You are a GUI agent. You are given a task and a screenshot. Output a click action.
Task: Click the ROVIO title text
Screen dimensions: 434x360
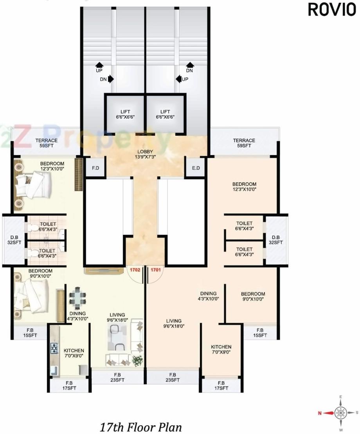[x=332, y=9]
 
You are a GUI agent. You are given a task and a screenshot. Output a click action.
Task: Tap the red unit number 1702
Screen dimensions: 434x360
[x=135, y=270]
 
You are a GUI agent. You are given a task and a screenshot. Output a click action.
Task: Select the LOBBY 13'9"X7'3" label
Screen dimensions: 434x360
[x=145, y=154]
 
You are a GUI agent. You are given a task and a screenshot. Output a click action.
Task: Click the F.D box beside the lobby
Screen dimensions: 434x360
[x=95, y=168]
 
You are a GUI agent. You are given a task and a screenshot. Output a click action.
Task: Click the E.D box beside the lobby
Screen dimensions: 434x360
[x=196, y=168]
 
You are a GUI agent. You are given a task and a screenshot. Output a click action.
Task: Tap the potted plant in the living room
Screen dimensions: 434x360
[x=137, y=361]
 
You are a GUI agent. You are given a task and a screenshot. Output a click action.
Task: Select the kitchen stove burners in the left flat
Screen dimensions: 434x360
[x=54, y=348]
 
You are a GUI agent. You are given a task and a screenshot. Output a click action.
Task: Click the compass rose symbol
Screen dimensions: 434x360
[x=341, y=412]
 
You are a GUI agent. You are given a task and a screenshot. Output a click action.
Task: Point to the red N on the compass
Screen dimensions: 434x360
[x=320, y=412]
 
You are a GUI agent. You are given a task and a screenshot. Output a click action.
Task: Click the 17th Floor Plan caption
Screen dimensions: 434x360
[x=141, y=426]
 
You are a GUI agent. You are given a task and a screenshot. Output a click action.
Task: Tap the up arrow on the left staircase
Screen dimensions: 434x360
[x=99, y=65]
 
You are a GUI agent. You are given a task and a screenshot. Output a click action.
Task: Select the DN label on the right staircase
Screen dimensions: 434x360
[x=190, y=71]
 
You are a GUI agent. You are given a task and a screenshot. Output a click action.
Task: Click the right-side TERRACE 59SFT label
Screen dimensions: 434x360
[x=244, y=143]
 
